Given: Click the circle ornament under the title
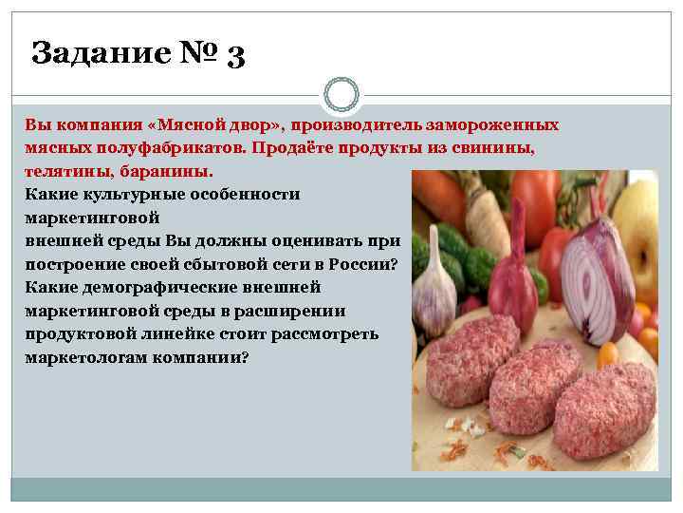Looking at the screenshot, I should (x=341, y=95).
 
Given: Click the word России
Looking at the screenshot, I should (x=374, y=264).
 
